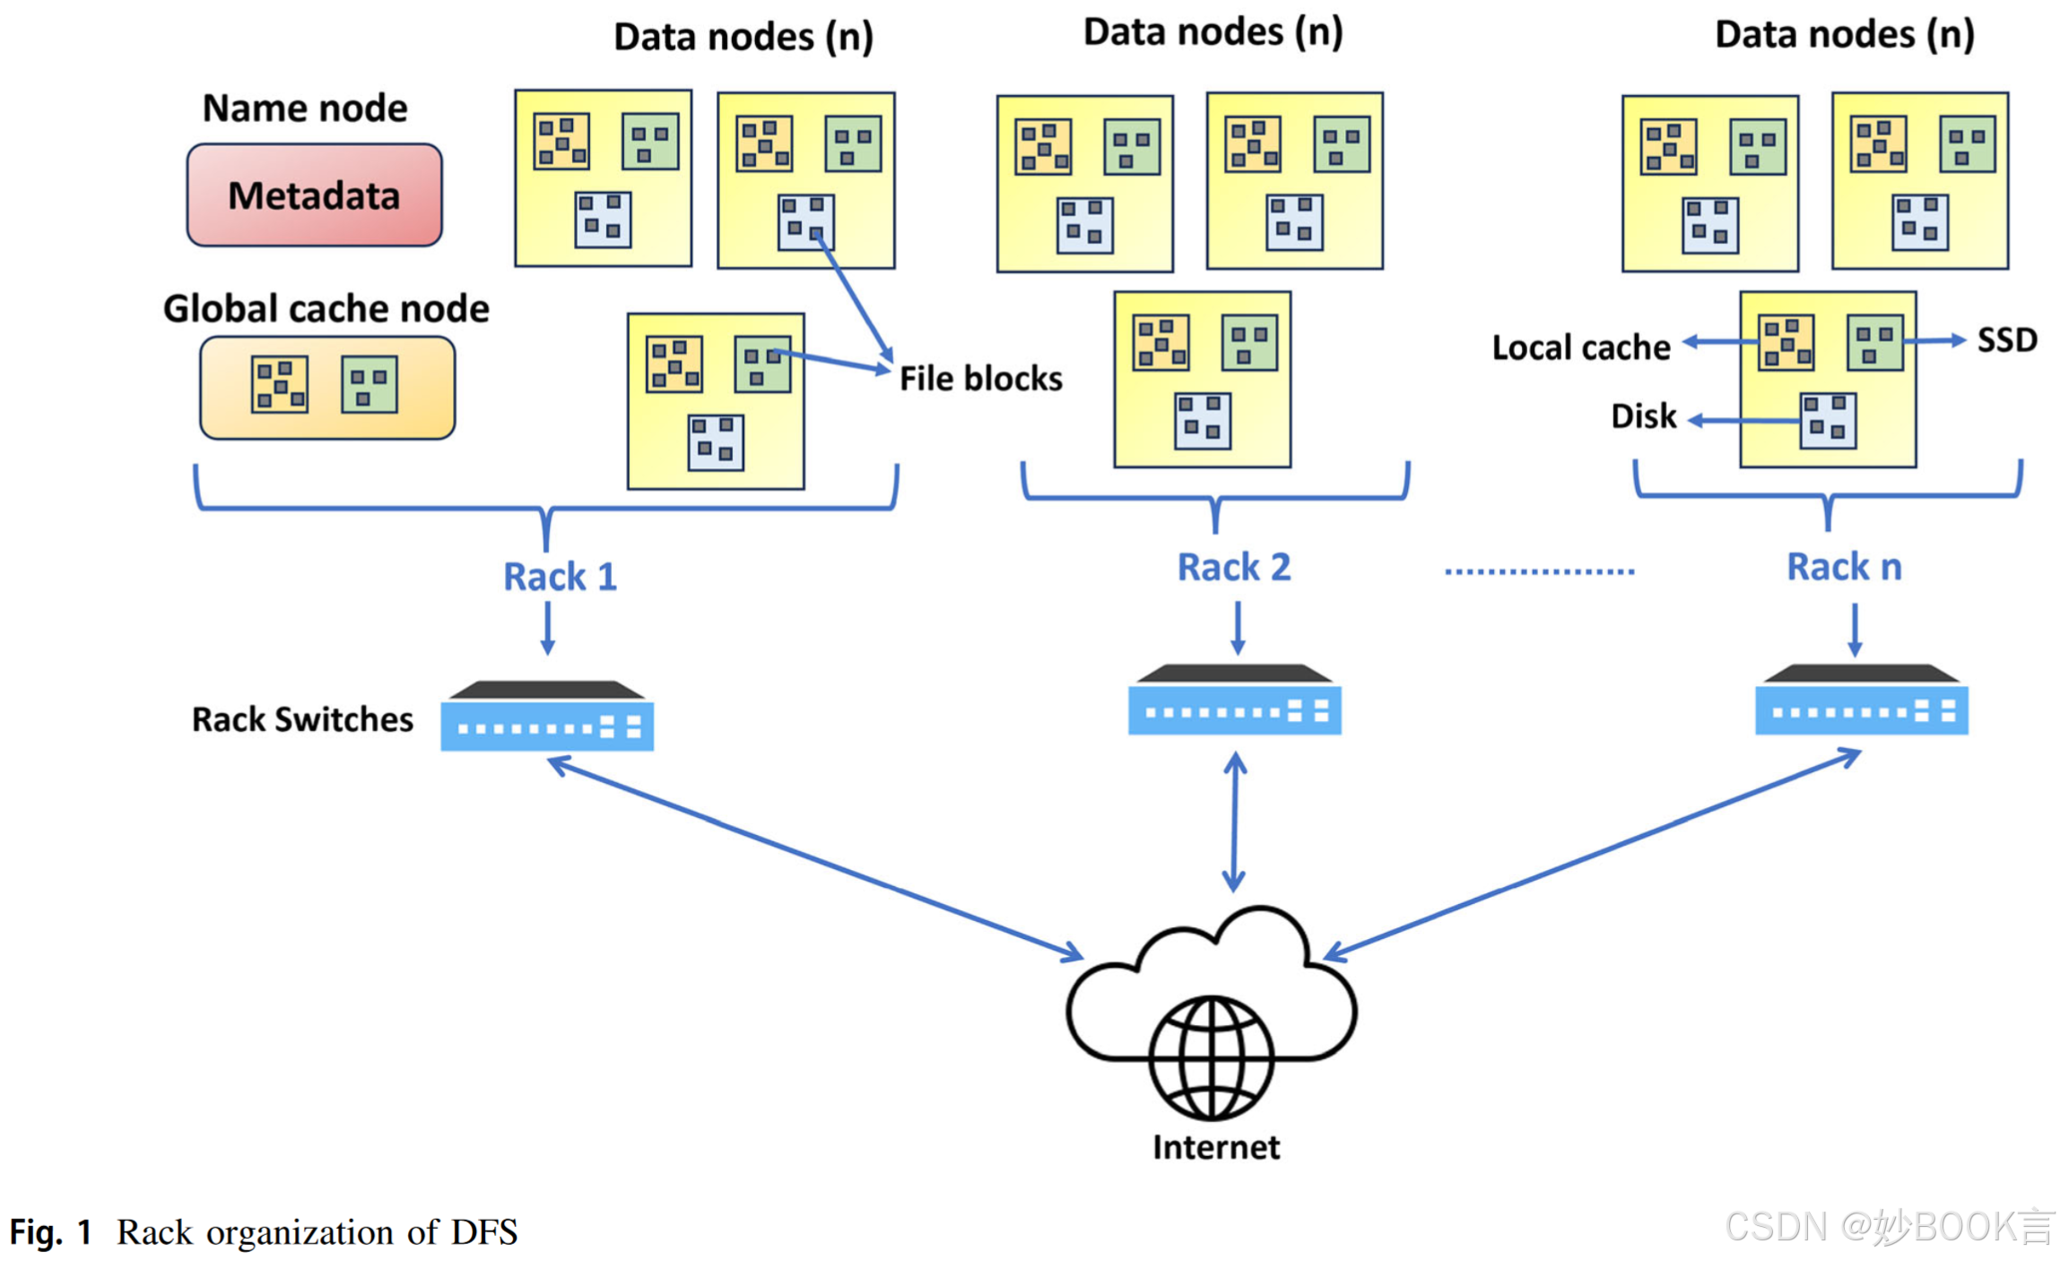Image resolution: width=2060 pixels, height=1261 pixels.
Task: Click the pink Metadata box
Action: tap(313, 195)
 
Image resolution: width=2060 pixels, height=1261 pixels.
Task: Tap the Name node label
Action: tap(304, 108)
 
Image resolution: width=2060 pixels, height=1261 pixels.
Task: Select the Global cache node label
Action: tap(326, 308)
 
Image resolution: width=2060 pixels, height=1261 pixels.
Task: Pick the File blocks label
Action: tap(980, 378)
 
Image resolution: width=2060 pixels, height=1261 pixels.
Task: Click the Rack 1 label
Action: tap(560, 576)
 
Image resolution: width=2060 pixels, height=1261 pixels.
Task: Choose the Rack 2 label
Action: tap(1233, 567)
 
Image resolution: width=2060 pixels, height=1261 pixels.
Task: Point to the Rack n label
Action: tap(1843, 567)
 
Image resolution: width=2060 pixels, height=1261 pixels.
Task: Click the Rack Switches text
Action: tap(302, 718)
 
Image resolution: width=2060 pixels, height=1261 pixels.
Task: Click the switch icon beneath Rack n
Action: tap(1860, 700)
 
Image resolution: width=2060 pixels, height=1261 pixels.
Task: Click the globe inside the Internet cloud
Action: tap(1211, 1057)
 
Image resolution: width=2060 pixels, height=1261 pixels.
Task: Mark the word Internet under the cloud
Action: tap(1215, 1146)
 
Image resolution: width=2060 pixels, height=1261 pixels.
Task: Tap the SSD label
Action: tap(2006, 339)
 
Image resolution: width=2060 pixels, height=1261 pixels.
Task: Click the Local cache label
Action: tap(1580, 346)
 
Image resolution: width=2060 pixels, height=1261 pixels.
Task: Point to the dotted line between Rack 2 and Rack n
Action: tap(1538, 570)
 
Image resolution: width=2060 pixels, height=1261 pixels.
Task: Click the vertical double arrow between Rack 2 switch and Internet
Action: tap(1234, 821)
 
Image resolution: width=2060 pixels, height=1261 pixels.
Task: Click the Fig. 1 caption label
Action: tap(50, 1231)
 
